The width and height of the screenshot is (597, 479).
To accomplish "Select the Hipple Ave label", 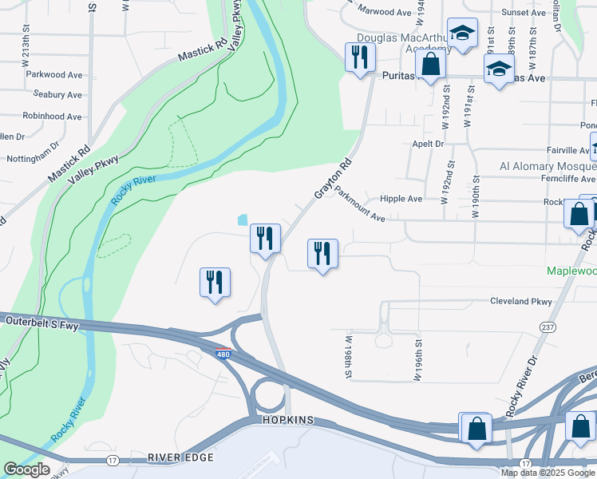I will coord(401,199).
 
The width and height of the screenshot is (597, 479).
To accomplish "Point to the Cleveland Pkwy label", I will coord(521,302).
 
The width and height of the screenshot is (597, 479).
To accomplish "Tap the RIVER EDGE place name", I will coord(180,457).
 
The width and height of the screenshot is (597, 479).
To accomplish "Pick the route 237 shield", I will coord(548,327).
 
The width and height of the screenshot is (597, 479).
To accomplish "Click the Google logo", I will coord(26,469).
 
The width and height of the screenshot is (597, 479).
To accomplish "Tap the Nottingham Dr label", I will coord(33,159).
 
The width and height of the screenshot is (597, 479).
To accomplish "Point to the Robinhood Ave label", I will coord(52,117).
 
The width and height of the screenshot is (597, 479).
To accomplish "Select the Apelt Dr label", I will coord(428,144).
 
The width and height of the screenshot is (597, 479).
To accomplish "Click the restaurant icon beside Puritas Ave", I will coord(359,57).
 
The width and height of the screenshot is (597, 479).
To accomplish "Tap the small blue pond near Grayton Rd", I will coord(243,220).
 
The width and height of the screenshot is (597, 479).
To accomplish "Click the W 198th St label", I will coord(349,357).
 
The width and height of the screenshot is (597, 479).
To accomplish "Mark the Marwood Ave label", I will coord(385,12).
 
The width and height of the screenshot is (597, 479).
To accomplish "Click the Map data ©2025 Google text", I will coord(548,473).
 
